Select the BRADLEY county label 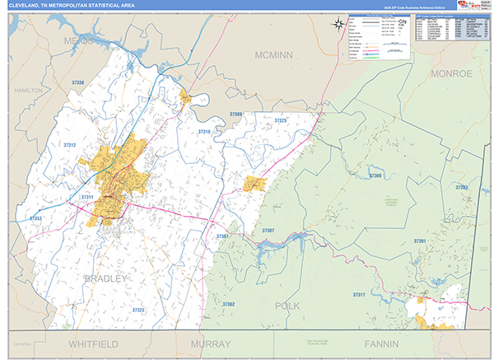pos(106,279)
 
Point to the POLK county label pos(286,306)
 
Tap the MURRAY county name pos(212,343)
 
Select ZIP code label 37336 pos(78,83)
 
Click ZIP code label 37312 pos(69,145)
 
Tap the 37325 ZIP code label pos(280,121)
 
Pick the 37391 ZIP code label pos(420,241)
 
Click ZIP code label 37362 pos(228,305)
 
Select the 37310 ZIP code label pos(204,132)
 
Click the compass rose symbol pos(338,23)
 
